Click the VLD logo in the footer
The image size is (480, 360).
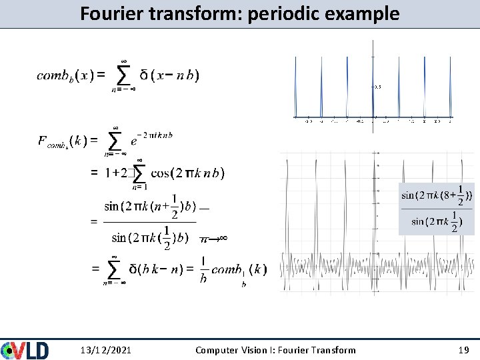click(x=25, y=350)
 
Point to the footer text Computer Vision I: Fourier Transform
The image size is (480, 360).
click(x=275, y=350)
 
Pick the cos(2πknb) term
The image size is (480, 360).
click(x=188, y=173)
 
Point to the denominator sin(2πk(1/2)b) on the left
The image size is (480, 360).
click(x=150, y=237)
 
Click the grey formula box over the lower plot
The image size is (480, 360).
click(x=437, y=207)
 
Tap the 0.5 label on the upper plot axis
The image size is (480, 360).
click(x=377, y=87)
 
